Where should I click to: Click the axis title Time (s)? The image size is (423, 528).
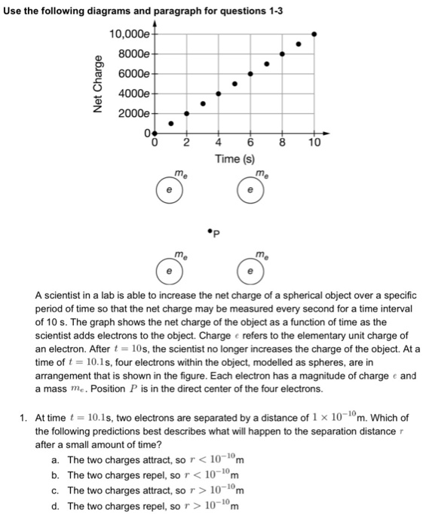[234, 159]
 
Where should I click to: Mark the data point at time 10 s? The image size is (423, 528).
[314, 34]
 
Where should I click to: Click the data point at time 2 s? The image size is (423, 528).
[187, 114]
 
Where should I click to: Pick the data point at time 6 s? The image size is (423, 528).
[250, 74]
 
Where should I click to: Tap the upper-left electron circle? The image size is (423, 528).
[170, 192]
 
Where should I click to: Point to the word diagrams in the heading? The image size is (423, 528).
[111, 9]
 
